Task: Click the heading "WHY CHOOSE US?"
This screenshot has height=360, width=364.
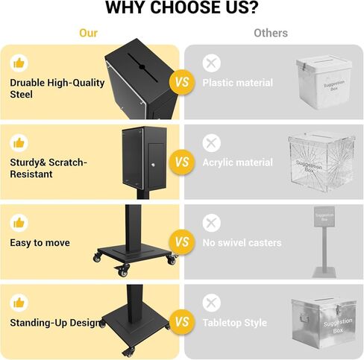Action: [x=182, y=7]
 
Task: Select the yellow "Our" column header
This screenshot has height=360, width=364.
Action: [x=88, y=33]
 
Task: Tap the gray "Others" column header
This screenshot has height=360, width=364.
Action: [x=271, y=33]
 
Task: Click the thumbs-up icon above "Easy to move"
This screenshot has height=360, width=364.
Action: [x=19, y=223]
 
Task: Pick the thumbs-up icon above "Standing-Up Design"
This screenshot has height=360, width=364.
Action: [x=19, y=303]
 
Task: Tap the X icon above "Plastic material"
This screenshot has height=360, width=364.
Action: [x=211, y=63]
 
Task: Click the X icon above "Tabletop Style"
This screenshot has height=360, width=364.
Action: [x=211, y=303]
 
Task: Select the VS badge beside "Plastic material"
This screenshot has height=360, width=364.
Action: [x=182, y=82]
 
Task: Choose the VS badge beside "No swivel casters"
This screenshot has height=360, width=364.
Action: [x=182, y=242]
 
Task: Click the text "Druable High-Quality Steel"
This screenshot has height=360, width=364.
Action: [x=57, y=89]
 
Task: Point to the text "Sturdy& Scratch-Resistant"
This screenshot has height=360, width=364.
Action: [x=48, y=168]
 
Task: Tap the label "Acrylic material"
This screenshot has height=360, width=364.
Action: [x=238, y=162]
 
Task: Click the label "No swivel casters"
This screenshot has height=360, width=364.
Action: [x=242, y=243]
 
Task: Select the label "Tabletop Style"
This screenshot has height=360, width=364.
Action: [x=235, y=323]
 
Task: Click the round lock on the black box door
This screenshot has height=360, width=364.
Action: [x=154, y=164]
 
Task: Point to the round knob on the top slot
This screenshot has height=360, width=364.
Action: [x=142, y=66]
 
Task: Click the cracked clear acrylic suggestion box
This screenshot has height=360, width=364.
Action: [x=321, y=162]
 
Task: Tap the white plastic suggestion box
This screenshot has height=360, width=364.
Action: [x=324, y=83]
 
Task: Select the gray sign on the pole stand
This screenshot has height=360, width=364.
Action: [x=324, y=217]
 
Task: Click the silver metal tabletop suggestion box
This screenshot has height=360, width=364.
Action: [x=324, y=322]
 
